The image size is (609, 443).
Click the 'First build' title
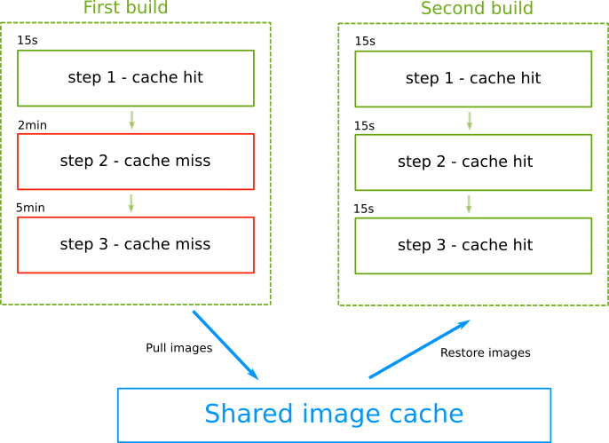125,9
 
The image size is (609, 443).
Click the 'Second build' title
477,9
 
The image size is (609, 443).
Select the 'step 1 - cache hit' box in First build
136,78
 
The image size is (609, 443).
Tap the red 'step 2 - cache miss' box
136,162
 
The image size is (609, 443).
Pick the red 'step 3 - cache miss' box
136,245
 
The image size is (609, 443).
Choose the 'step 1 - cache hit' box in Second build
473,78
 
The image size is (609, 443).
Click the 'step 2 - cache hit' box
473,162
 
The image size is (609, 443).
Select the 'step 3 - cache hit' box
473,245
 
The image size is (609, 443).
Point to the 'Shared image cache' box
334,415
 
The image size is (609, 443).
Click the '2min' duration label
32,125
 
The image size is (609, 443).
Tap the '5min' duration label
30,208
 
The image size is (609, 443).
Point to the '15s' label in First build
27,42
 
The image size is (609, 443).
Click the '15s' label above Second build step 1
364,42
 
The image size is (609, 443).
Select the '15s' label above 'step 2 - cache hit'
364,126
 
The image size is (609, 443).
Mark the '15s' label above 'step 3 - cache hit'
364,209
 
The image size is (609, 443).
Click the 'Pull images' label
178,348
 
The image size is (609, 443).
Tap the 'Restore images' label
485,352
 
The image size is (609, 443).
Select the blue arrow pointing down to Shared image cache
225,344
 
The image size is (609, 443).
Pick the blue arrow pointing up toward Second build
418,350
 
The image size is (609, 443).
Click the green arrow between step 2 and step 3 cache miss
131,203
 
